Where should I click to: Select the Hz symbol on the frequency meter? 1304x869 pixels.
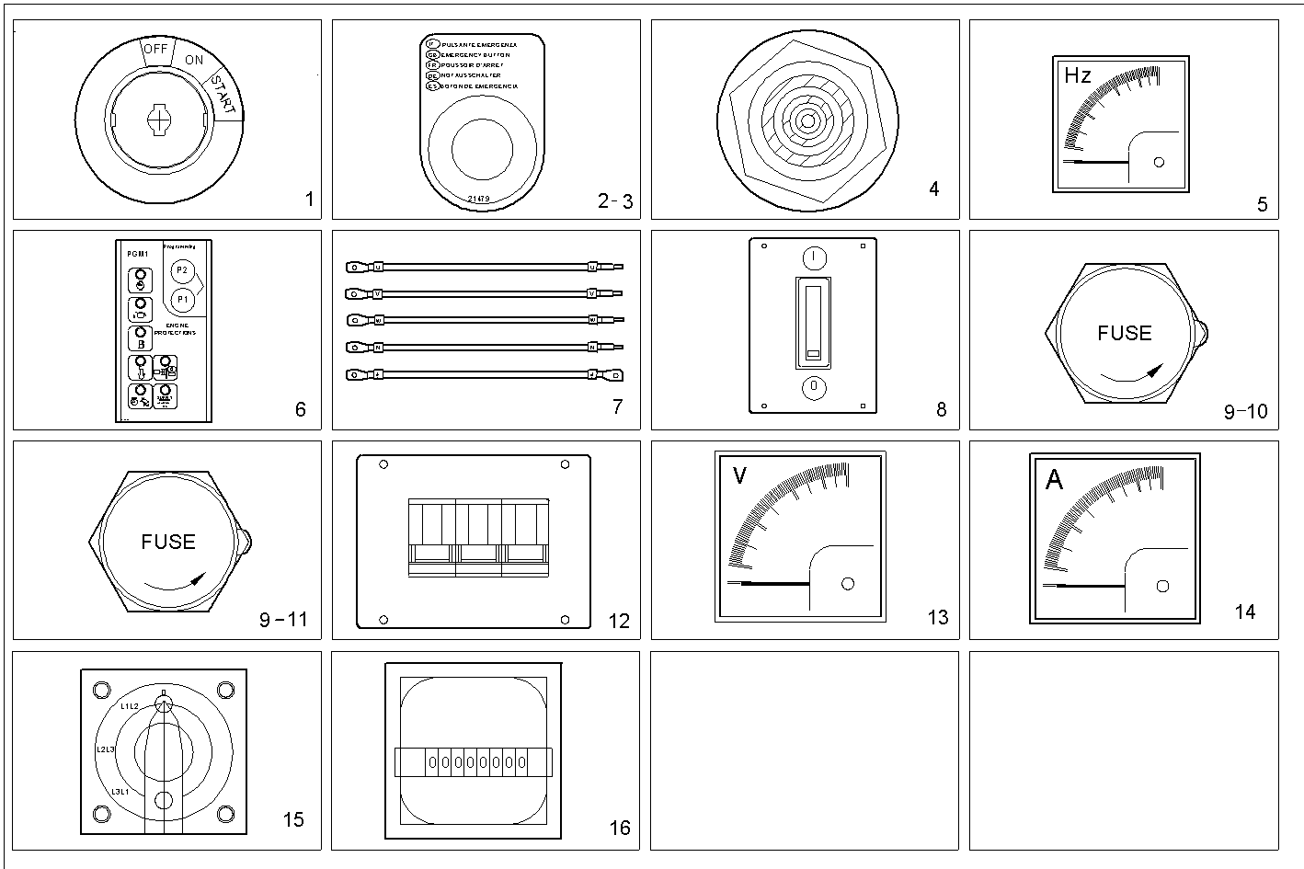coord(1077,75)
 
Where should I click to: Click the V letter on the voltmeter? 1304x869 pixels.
coord(739,475)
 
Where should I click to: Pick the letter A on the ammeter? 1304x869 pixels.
coord(1054,480)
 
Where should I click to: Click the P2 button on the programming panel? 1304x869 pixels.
coord(181,270)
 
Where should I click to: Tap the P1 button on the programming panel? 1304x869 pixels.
coord(181,299)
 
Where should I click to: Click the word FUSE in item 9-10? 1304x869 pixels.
coord(1124,333)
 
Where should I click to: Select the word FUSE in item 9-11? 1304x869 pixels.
coord(168,542)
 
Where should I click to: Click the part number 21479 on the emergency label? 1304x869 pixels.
coord(478,199)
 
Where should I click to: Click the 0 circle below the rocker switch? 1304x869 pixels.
coord(814,386)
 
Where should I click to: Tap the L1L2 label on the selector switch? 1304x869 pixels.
coord(129,706)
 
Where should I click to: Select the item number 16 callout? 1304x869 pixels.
coord(620,828)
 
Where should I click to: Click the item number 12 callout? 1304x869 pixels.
coord(619,621)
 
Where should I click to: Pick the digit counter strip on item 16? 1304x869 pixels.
coord(473,762)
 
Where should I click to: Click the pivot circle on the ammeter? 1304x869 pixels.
coord(1162,586)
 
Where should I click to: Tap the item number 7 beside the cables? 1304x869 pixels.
coord(617,406)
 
